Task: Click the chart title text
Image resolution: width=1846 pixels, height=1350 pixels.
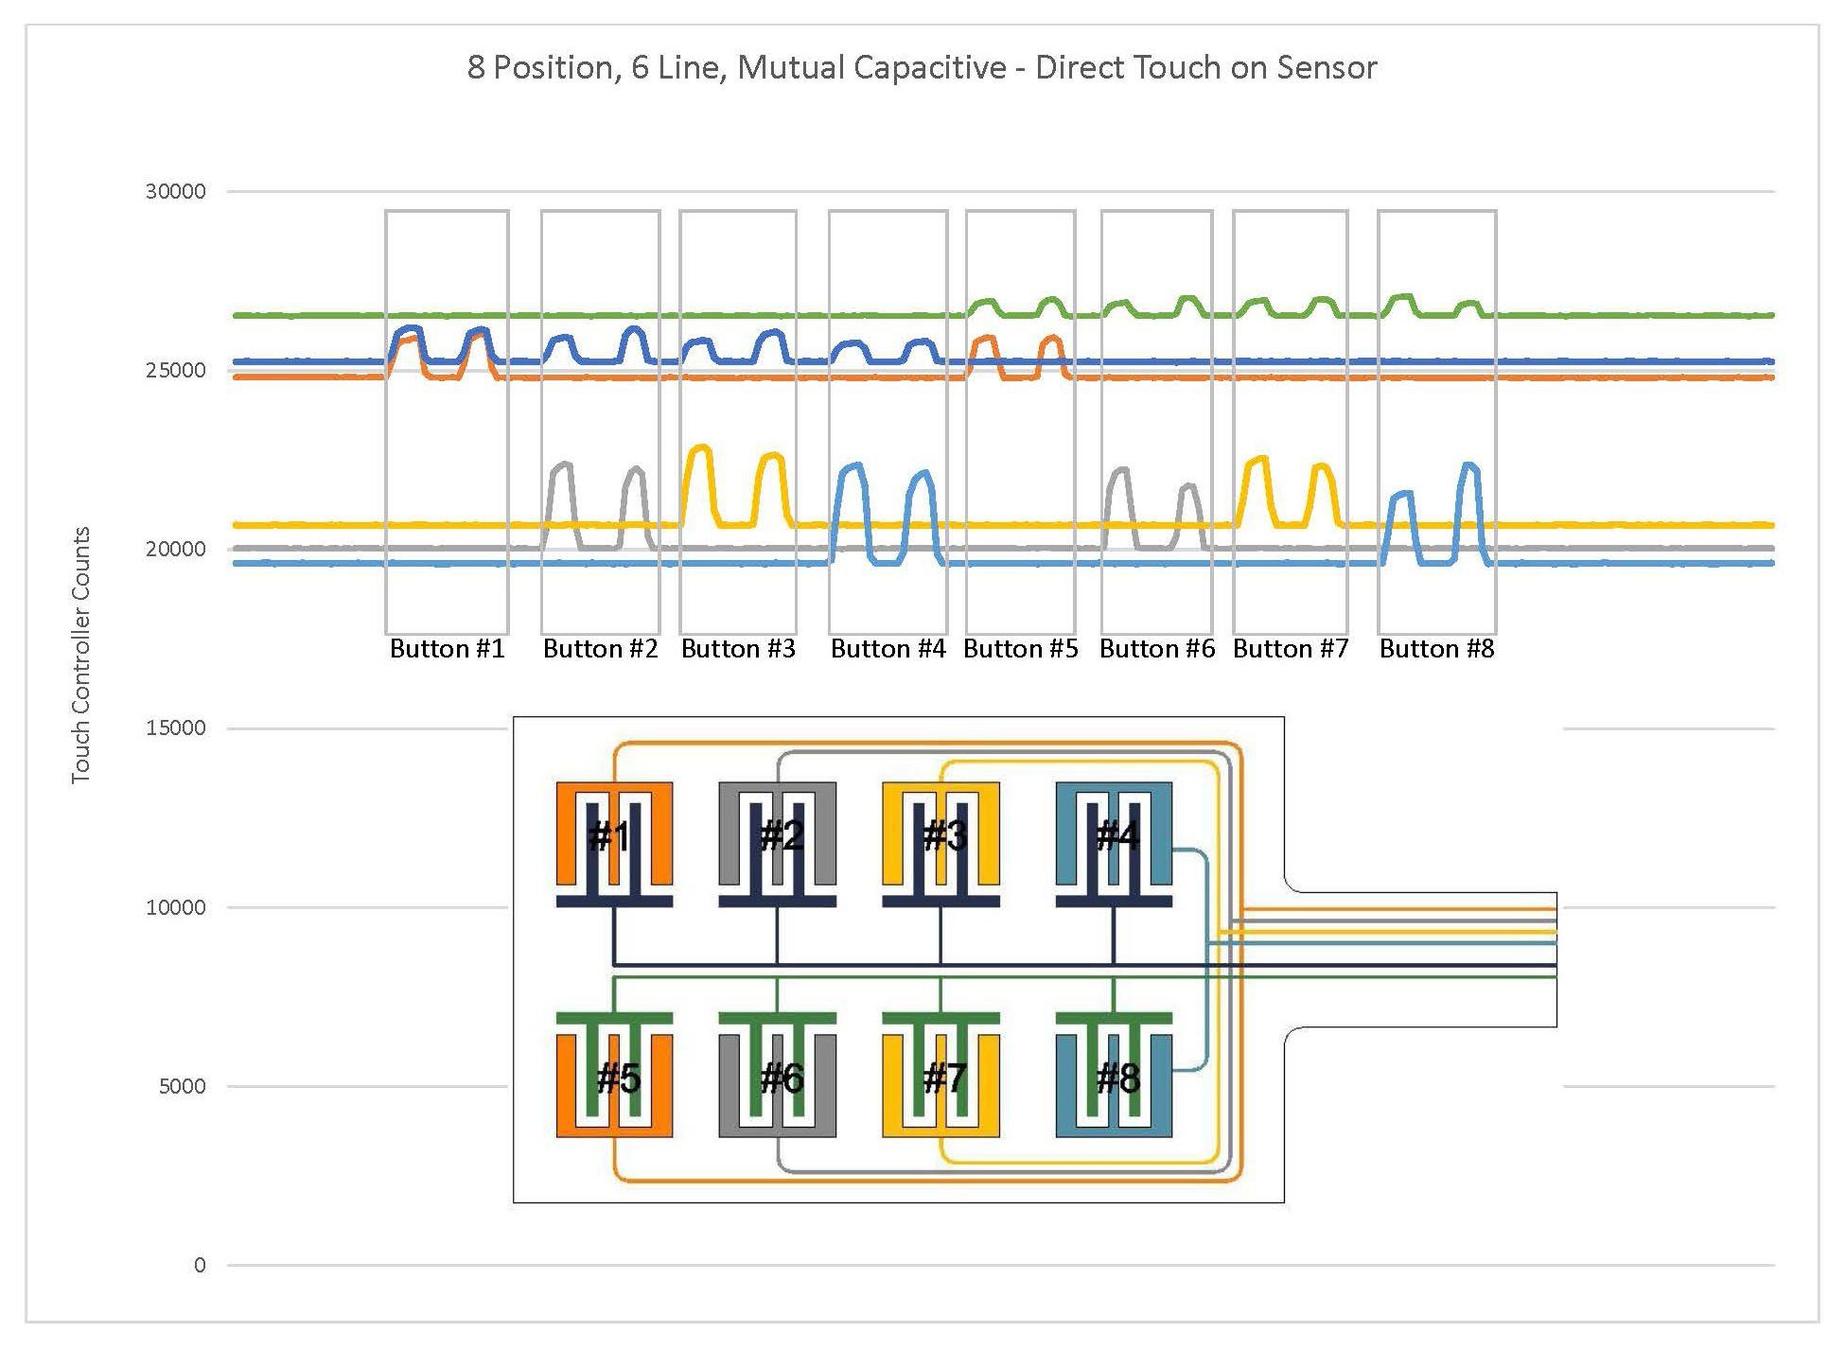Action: (922, 68)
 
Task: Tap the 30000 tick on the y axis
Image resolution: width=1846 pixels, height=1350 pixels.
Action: (175, 192)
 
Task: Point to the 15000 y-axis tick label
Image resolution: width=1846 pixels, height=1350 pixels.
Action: (175, 728)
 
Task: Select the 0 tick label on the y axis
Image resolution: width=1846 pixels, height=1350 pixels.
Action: (199, 1266)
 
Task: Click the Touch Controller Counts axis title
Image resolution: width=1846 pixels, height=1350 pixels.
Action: (81, 655)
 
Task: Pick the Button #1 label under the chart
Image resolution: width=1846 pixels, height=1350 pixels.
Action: (448, 649)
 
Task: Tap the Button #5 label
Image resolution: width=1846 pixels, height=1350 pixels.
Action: (1021, 649)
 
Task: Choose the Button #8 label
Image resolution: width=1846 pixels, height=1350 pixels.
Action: (1436, 649)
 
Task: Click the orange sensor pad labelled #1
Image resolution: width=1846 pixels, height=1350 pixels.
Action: (614, 835)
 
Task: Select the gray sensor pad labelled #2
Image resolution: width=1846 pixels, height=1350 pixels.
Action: (777, 835)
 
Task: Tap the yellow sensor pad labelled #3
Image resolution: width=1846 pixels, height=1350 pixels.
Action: (941, 835)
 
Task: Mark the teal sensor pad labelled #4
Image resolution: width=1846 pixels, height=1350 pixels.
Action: (1114, 835)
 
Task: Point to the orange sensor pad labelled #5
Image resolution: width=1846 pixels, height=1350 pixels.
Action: (614, 1078)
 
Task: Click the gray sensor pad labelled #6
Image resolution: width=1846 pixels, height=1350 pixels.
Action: (777, 1078)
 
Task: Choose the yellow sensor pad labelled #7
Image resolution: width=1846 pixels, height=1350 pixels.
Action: (941, 1078)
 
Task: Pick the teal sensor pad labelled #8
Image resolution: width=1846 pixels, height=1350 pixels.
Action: (1114, 1078)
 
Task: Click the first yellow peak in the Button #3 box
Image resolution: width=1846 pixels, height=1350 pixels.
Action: (700, 449)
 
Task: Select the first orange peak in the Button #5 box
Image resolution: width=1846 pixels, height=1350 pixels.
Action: (985, 339)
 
